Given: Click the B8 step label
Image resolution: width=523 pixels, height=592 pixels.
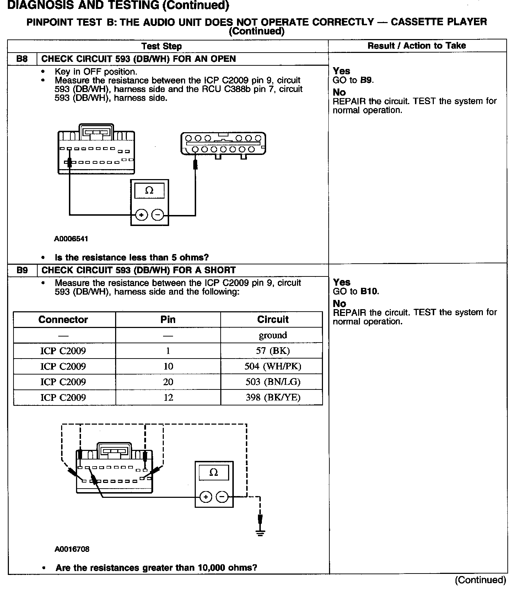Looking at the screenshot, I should tap(22, 59).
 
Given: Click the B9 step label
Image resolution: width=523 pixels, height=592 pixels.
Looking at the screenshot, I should tap(22, 270).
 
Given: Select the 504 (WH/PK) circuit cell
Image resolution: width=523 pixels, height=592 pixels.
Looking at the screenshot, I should tap(273, 366).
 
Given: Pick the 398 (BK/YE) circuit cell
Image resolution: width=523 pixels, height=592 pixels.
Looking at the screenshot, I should tap(273, 397).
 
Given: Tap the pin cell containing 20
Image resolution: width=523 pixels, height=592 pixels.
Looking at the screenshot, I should tap(168, 382).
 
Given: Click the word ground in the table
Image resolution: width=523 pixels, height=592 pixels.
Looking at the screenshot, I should tap(273, 335).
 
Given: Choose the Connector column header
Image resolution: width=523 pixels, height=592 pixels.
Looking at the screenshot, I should tap(63, 319).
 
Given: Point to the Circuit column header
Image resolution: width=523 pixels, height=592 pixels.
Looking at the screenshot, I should tap(273, 319).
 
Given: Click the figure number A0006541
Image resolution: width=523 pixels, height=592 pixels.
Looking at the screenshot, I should tap(71, 239).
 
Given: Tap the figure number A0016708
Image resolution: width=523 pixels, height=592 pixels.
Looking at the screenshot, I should tap(72, 549).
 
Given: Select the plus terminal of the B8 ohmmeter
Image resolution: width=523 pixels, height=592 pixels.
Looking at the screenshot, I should tap(141, 215).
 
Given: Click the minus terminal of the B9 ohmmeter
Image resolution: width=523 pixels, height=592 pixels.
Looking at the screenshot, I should tap(222, 497).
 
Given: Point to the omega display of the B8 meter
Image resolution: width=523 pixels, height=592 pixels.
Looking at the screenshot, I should tap(150, 191).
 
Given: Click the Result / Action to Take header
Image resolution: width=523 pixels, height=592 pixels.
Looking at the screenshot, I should tap(416, 45).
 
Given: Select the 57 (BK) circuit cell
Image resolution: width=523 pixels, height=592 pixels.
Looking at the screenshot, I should tap(273, 351).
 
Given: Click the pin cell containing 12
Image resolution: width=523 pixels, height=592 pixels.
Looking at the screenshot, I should tap(168, 397).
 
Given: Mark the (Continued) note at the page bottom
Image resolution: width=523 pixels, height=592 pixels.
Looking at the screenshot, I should tap(480, 580).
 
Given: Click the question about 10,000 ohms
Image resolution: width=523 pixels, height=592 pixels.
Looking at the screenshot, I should tap(156, 568).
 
